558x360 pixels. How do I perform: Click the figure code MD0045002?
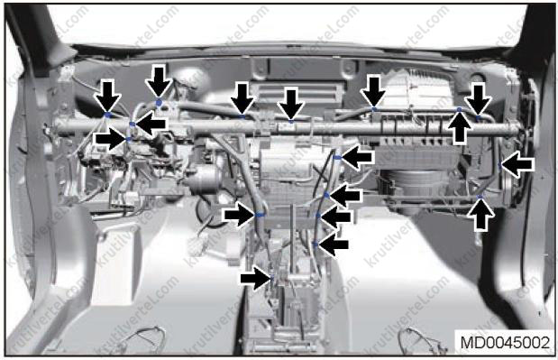[x=505, y=343]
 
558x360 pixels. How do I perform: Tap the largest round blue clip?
[x=159, y=103]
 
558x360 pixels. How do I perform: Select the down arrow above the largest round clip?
[x=159, y=81]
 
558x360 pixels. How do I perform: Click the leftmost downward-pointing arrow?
[x=108, y=97]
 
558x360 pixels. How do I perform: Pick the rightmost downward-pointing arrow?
[x=479, y=100]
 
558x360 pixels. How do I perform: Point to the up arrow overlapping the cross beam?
[x=460, y=128]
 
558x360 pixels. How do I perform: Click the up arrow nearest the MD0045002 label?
[x=480, y=214]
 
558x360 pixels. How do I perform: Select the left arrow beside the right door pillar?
[x=517, y=164]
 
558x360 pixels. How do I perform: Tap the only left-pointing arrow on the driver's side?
[x=151, y=124]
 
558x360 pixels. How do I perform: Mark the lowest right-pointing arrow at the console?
[x=256, y=278]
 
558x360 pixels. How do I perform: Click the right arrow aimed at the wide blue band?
[x=240, y=215]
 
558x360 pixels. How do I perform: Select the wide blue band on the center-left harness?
[x=260, y=215]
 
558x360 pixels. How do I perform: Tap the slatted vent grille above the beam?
[x=297, y=93]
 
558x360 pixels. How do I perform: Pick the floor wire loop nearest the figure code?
[x=424, y=340]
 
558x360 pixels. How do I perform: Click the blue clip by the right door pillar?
[x=500, y=165]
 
